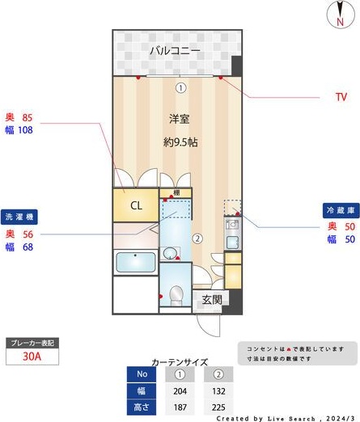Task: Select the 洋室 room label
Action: pos(179,119)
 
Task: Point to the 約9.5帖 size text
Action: pos(180,141)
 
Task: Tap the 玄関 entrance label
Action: pos(212,299)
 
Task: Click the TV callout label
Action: pos(341,97)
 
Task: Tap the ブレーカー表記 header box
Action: pos(32,343)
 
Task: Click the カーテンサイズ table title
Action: pos(179,362)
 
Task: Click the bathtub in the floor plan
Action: pos(135,263)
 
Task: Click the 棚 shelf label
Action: pos(175,193)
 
